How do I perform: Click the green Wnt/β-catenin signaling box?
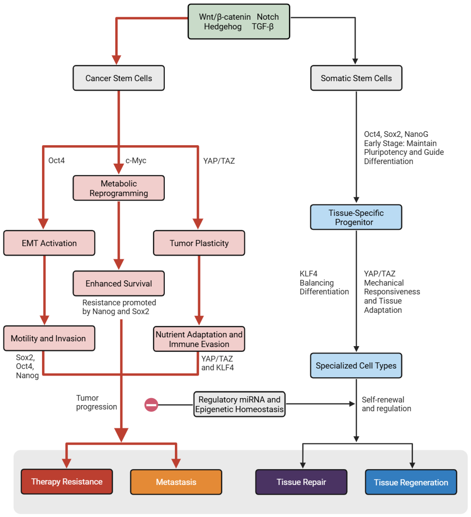[239, 22]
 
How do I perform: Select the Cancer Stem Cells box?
[119, 78]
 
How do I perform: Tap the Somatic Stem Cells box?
[356, 78]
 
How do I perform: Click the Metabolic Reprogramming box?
[119, 188]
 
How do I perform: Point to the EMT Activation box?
[49, 243]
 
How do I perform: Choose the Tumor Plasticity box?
[199, 243]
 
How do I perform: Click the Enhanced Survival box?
[119, 283]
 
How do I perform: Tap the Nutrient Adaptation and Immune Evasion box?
[199, 339]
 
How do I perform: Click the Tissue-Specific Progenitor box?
[356, 217]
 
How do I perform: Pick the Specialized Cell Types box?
[356, 365]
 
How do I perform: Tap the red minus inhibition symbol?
[151, 405]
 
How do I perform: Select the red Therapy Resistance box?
[67, 482]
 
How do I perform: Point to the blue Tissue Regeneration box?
[411, 482]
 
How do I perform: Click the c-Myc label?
[136, 160]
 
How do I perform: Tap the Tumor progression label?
[96, 402]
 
